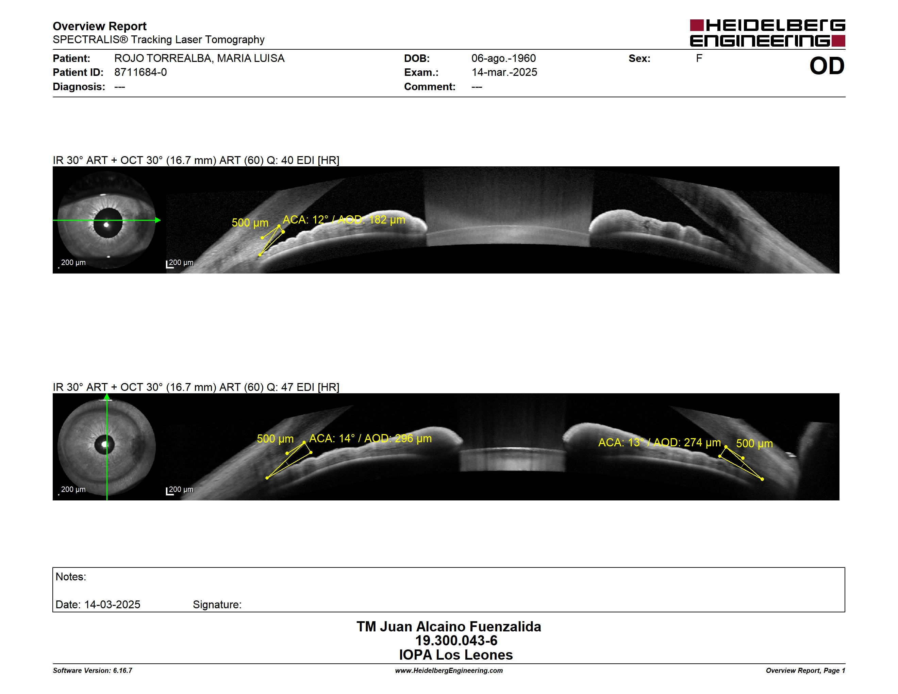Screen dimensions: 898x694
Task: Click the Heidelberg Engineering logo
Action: click(x=767, y=33)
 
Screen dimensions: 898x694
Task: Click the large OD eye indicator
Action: click(x=827, y=66)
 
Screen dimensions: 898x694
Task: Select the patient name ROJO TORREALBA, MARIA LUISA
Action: click(x=199, y=59)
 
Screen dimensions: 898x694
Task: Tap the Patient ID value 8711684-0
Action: click(x=140, y=72)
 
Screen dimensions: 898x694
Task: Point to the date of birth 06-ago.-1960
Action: click(x=504, y=59)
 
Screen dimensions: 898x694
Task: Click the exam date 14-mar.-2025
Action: click(x=504, y=72)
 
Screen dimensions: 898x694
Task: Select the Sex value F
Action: click(x=699, y=59)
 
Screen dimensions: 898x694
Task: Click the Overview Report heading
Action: click(x=100, y=26)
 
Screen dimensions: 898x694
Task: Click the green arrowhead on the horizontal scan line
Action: click(x=158, y=220)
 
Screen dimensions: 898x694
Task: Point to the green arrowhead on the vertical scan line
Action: click(x=107, y=396)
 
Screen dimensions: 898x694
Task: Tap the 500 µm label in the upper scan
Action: click(x=250, y=223)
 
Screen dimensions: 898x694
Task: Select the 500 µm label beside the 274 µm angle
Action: click(x=754, y=444)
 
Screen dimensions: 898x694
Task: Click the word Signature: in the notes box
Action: click(x=217, y=605)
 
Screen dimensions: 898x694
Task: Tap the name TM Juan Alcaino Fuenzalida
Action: click(x=449, y=627)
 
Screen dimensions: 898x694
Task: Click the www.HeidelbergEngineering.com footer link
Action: click(x=449, y=671)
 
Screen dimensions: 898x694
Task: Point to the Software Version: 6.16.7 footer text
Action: click(x=93, y=671)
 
